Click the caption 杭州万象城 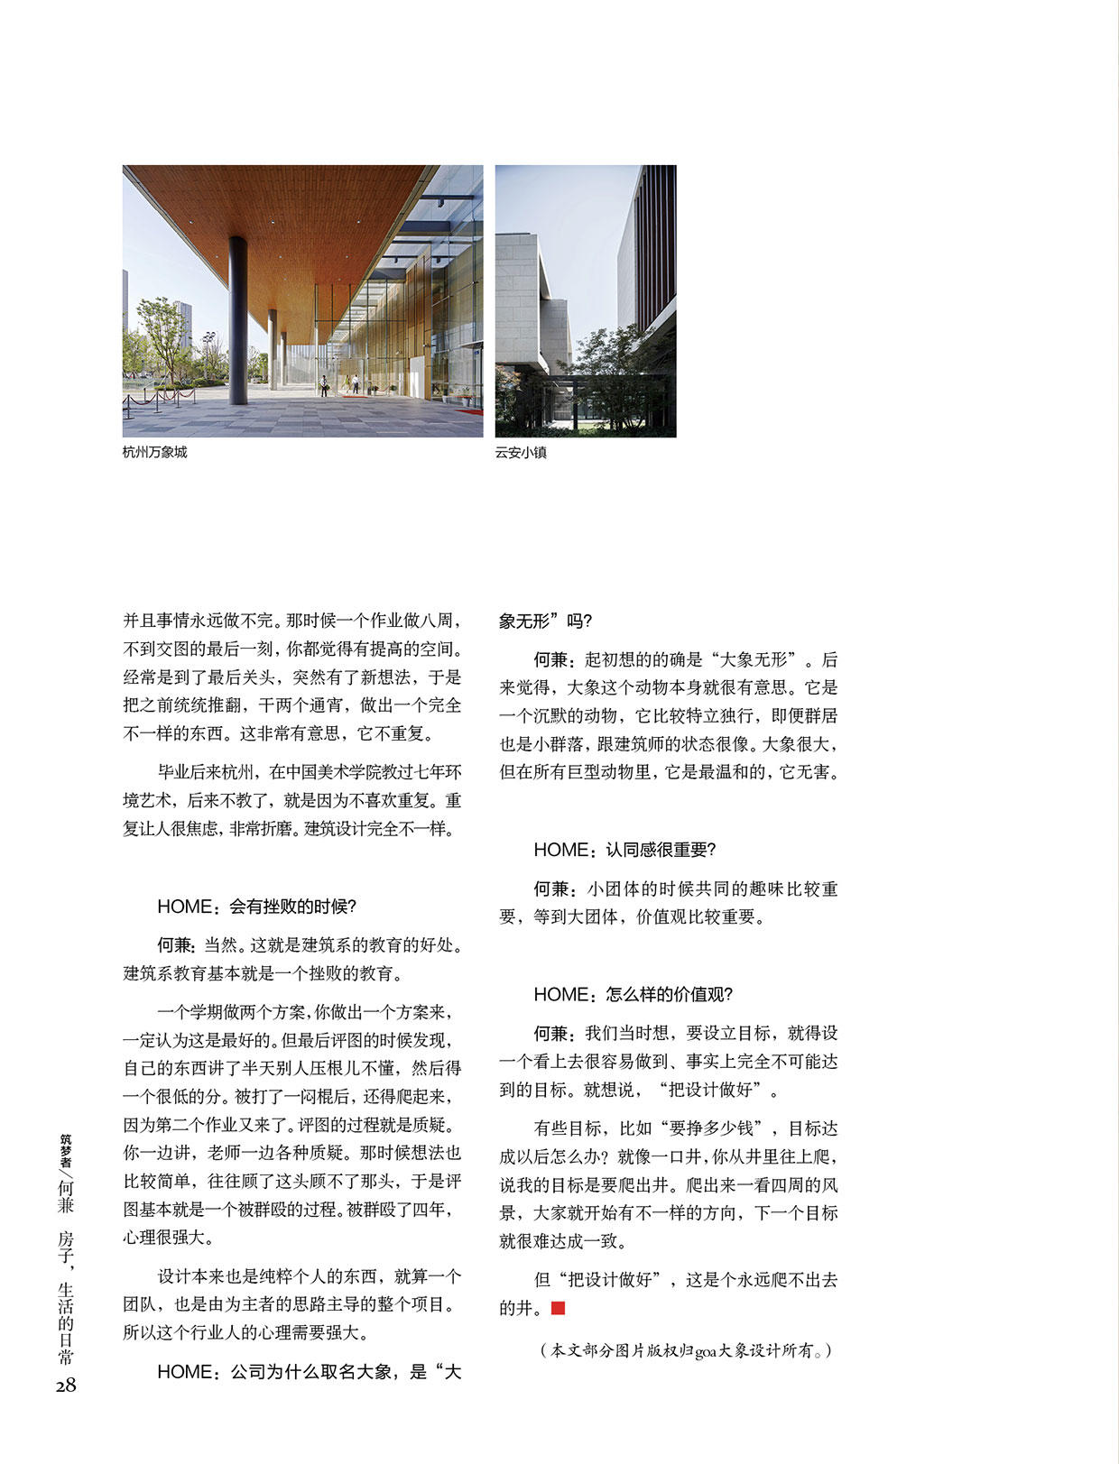point(154,453)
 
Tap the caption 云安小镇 point(521,453)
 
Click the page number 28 point(65,1386)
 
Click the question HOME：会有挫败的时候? point(257,907)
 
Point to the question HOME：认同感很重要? point(624,850)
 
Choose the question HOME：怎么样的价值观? point(633,994)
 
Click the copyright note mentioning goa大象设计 point(686,1350)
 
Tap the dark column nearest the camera point(238,320)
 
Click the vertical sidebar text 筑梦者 point(66,1149)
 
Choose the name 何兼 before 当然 point(175,945)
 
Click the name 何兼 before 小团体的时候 point(551,889)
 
